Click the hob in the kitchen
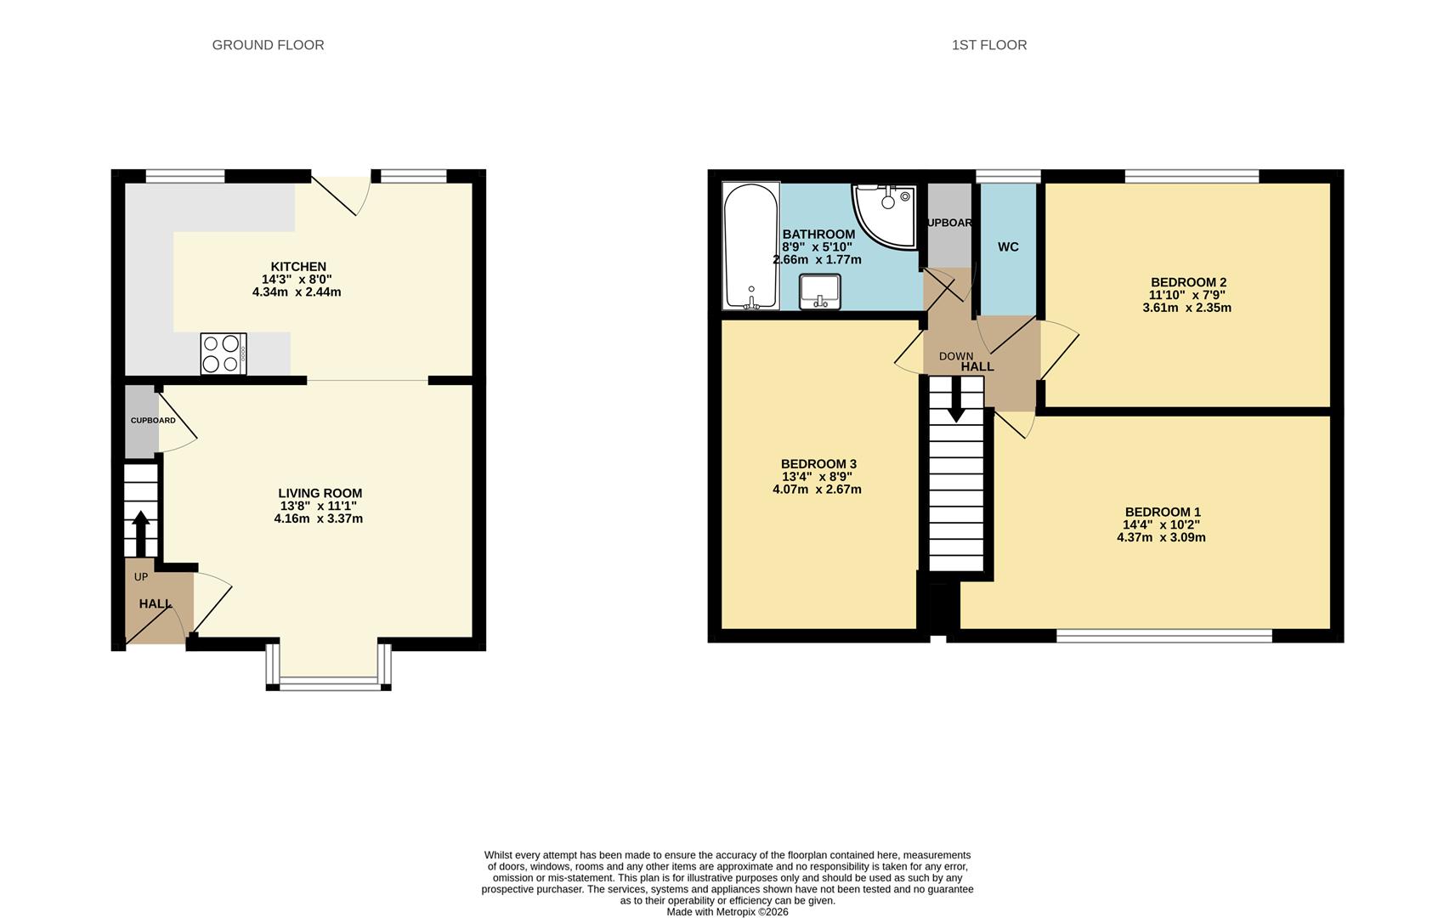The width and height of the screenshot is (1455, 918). pyautogui.click(x=224, y=354)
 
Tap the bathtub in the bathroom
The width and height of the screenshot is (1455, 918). pyautogui.click(x=750, y=246)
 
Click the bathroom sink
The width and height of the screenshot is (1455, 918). pyautogui.click(x=820, y=291)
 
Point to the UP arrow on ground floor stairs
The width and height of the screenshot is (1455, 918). pyautogui.click(x=141, y=533)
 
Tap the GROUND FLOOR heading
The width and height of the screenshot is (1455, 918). pyautogui.click(x=268, y=45)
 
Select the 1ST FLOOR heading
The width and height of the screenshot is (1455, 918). pyautogui.click(x=988, y=45)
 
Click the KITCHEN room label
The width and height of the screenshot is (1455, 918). pyautogui.click(x=298, y=267)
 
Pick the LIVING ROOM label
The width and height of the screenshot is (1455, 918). pyautogui.click(x=320, y=493)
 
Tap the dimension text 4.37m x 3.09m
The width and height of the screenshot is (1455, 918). pyautogui.click(x=1161, y=537)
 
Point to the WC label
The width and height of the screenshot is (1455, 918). pyautogui.click(x=1008, y=247)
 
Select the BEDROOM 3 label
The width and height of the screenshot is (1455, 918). pyautogui.click(x=818, y=464)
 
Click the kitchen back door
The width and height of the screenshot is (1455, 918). pyautogui.click(x=340, y=192)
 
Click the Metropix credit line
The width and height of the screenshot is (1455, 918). pyautogui.click(x=727, y=912)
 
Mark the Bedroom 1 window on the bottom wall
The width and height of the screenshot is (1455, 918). pyautogui.click(x=1163, y=635)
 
